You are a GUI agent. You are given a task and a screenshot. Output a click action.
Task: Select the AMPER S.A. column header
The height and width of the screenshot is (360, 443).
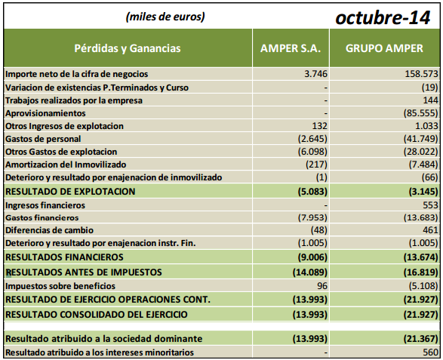pyautogui.click(x=291, y=48)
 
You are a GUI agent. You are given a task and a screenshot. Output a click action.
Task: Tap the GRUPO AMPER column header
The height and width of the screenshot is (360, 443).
pyautogui.click(x=385, y=48)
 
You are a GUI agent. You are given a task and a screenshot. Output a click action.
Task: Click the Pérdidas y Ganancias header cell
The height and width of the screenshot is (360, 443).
pyautogui.click(x=128, y=48)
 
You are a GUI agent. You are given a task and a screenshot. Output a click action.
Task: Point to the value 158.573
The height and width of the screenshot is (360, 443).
pyautogui.click(x=421, y=74)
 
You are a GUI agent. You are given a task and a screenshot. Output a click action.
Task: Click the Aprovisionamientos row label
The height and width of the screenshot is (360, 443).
pyautogui.click(x=46, y=112)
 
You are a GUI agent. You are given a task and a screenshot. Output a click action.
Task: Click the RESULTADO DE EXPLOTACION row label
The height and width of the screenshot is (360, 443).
pyautogui.click(x=70, y=191)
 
